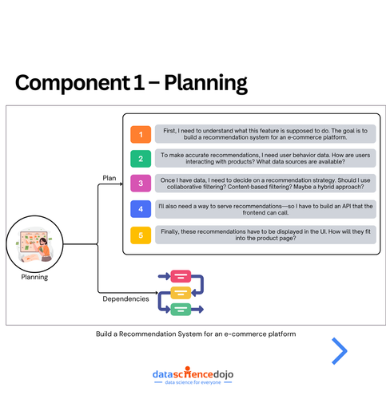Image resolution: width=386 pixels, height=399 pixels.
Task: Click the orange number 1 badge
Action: point(141,134)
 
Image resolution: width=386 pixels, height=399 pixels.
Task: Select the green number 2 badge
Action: point(141,159)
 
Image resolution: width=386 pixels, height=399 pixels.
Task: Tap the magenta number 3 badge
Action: point(141,183)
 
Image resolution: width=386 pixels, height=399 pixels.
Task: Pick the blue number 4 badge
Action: point(141,209)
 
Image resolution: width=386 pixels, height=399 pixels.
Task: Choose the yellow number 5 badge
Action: point(141,235)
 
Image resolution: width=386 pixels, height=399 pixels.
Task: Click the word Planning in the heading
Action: point(206,84)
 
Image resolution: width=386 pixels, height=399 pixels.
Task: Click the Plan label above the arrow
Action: point(109,178)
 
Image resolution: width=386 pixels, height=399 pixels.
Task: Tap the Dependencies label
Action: point(125,299)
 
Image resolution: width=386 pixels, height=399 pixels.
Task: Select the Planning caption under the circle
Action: point(34,277)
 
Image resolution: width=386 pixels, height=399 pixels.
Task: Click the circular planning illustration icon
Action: point(34,244)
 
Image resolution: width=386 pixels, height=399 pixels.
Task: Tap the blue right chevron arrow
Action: point(340,351)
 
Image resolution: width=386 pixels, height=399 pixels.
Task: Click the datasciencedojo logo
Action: point(193,375)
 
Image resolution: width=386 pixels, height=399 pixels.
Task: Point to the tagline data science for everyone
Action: point(193,382)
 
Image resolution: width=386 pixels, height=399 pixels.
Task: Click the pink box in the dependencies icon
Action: point(181,276)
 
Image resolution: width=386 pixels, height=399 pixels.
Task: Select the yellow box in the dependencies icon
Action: point(181,293)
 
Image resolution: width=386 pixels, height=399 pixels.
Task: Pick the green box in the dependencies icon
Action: point(181,310)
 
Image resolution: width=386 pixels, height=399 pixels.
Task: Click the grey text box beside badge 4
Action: point(265,209)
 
